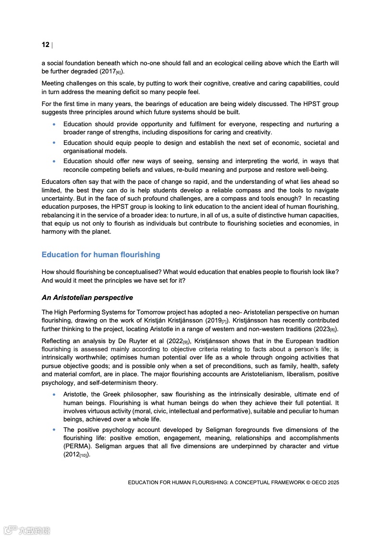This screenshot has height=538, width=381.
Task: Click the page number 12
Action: coord(46,45)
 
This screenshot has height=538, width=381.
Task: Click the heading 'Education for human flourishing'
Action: coord(101,254)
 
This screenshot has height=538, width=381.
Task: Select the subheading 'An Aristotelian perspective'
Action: coord(87,298)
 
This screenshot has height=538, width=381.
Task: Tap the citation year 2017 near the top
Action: coord(106,71)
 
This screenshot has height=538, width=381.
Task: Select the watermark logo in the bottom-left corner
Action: coord(26,530)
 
